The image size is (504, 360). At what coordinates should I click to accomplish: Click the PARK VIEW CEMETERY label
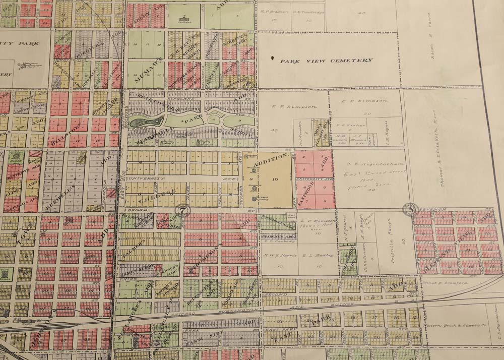click(327, 61)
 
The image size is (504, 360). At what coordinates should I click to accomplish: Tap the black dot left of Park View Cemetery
click(273, 59)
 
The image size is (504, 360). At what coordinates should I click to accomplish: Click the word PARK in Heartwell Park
click(192, 121)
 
